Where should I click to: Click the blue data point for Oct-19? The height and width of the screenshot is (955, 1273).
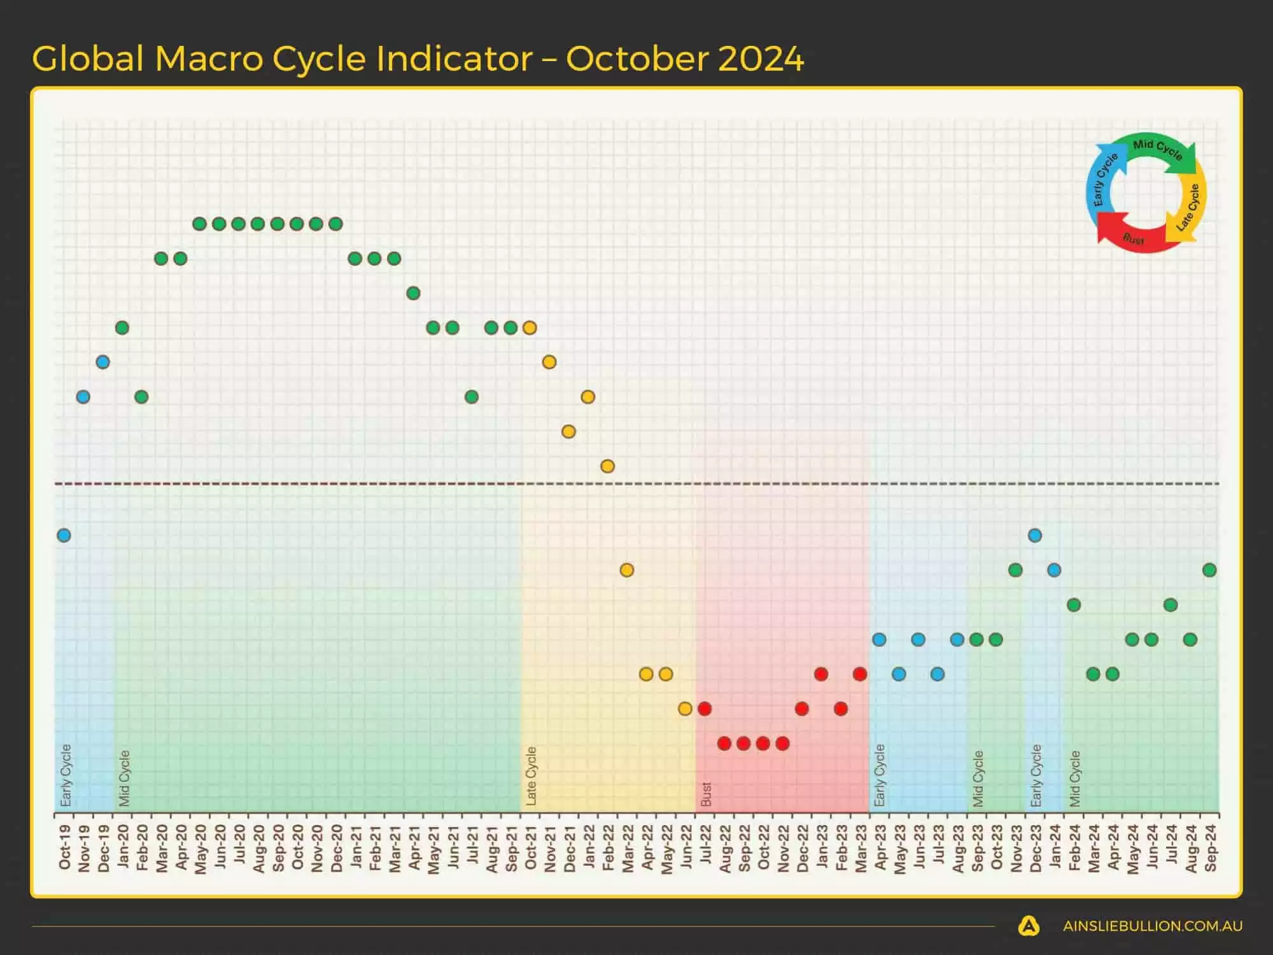click(64, 535)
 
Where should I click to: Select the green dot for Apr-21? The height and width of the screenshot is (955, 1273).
click(413, 294)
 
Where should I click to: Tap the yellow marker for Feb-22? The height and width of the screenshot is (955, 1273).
click(607, 466)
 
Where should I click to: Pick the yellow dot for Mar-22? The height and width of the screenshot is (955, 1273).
click(627, 570)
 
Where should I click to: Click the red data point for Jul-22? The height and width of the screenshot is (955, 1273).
click(705, 709)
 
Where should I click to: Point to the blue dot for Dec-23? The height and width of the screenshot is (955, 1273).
click(1035, 535)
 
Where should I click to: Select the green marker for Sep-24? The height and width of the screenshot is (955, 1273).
click(1209, 570)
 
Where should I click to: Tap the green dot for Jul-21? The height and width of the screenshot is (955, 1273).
click(472, 397)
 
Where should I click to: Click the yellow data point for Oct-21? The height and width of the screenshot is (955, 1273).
click(530, 328)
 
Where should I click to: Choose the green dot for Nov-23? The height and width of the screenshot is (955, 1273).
click(1016, 570)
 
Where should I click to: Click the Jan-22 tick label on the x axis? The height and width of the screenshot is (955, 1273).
click(589, 847)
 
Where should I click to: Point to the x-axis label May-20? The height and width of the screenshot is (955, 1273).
click(200, 849)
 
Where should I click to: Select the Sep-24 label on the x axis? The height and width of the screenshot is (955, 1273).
click(1210, 847)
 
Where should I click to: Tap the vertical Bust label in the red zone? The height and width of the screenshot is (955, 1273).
click(705, 794)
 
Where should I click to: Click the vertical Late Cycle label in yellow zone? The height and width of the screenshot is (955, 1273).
click(531, 776)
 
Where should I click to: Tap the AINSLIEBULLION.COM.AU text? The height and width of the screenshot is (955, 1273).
click(1152, 926)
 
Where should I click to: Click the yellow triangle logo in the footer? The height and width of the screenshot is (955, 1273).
click(1029, 926)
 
